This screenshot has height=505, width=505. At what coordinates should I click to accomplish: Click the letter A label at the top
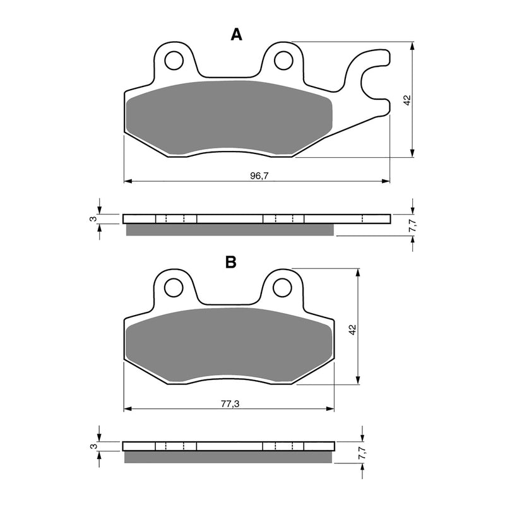coord(236,35)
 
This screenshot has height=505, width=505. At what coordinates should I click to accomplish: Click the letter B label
coord(231,262)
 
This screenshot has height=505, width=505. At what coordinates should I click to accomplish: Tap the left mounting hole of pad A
coord(173,61)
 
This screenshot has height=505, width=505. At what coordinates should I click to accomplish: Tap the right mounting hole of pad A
coord(283,60)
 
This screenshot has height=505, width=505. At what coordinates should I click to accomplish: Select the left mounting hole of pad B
coord(173,288)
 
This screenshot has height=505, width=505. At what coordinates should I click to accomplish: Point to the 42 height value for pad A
coord(407,100)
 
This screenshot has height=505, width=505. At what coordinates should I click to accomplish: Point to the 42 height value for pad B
coord(353,329)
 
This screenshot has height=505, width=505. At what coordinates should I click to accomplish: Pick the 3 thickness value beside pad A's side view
coord(93,218)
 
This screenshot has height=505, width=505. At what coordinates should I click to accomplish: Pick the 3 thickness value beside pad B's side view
coord(93,446)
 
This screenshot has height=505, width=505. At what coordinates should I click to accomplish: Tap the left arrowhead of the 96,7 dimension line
coord(127,182)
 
